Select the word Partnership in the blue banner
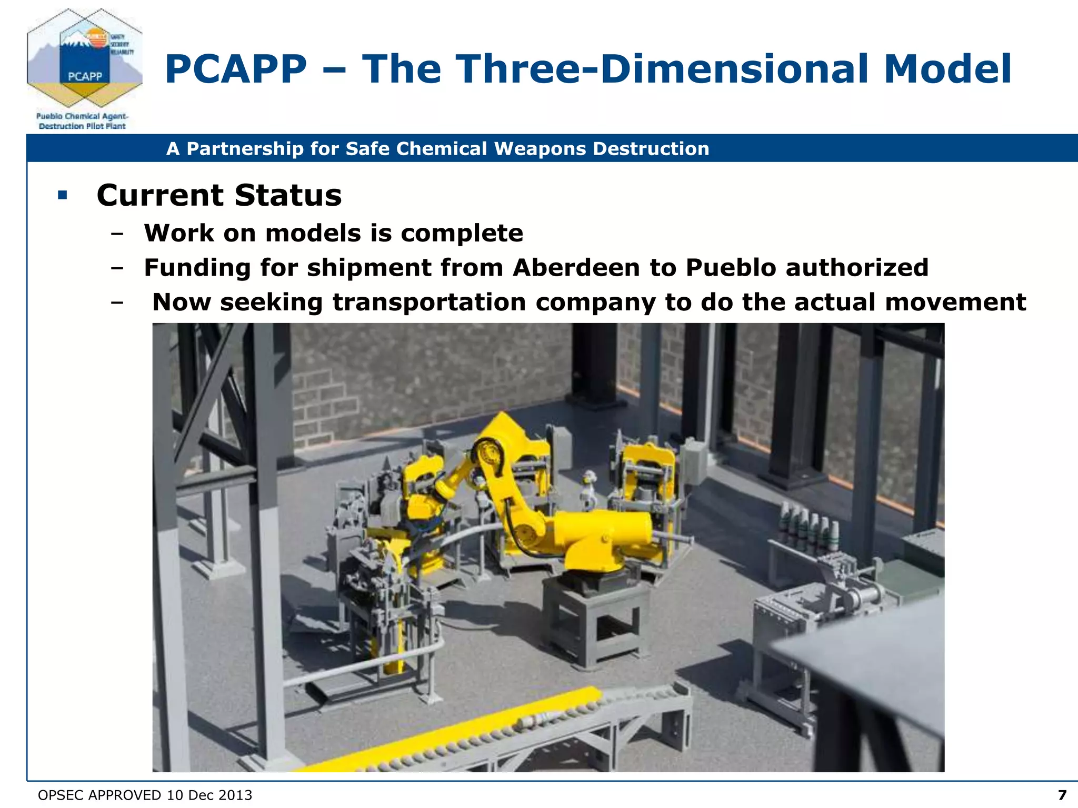(x=245, y=149)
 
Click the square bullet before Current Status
(x=63, y=196)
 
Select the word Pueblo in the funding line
(x=731, y=267)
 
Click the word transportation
(x=429, y=302)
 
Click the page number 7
(x=1062, y=795)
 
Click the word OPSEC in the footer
(x=59, y=795)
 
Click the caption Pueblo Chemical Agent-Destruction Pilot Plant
(x=82, y=121)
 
